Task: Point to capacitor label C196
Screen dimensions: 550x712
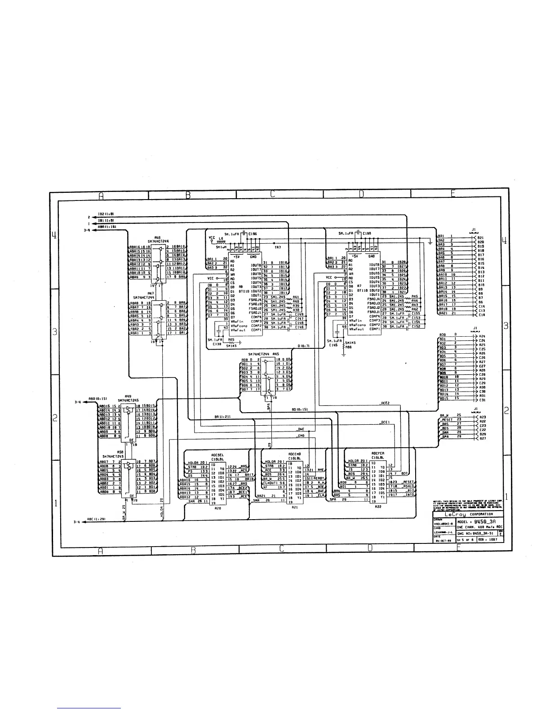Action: (253, 234)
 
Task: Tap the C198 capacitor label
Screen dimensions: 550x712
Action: (366, 234)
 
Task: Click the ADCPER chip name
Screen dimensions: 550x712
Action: (377, 453)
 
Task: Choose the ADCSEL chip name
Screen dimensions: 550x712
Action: (218, 453)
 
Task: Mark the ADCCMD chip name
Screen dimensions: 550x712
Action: (294, 453)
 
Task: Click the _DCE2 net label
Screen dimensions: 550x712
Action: (384, 403)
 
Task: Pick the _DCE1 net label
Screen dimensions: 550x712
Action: (384, 422)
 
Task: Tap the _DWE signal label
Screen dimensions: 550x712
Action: (300, 429)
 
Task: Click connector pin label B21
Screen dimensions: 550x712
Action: (480, 237)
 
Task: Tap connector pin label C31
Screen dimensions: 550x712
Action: (482, 400)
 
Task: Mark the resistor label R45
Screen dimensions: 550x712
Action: (415, 297)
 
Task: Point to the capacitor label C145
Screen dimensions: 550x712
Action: (333, 345)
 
